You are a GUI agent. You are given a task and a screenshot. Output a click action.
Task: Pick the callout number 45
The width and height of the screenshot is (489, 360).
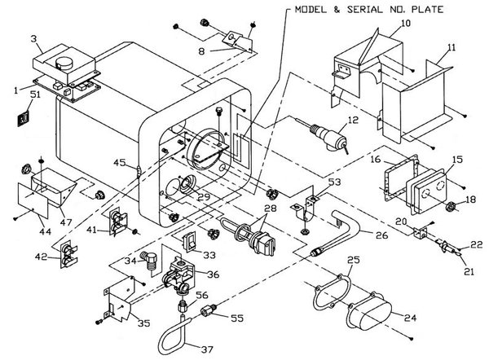click(119, 163)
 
